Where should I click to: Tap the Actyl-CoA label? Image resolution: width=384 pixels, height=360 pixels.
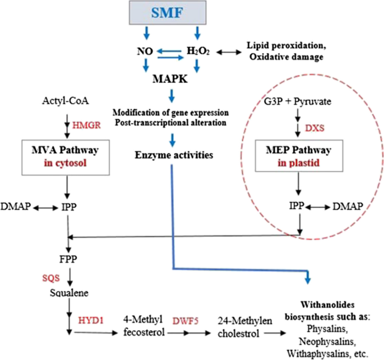(x=66, y=101)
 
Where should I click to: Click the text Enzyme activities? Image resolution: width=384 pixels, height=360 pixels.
(x=173, y=155)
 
